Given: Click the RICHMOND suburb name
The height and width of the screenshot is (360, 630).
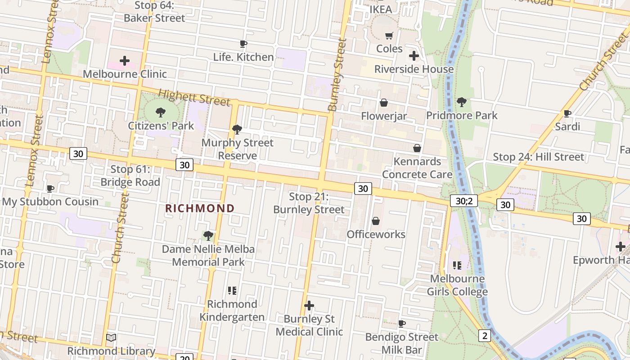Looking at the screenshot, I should click(x=200, y=208).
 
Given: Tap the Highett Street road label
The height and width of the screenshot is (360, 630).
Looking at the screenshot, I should click(x=194, y=97).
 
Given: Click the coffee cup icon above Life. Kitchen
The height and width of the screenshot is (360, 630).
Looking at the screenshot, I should click(x=243, y=44).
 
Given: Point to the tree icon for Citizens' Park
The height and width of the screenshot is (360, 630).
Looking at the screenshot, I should click(x=161, y=112).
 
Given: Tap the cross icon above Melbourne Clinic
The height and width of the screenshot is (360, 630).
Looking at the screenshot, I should click(x=125, y=61).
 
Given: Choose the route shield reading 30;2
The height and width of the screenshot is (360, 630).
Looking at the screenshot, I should click(x=463, y=201).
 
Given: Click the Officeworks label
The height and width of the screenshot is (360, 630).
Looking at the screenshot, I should click(x=376, y=234).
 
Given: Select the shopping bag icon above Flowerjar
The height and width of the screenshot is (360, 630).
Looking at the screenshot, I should click(x=384, y=103).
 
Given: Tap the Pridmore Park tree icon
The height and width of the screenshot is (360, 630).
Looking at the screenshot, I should click(x=462, y=102).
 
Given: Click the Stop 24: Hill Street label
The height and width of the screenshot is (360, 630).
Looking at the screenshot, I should click(x=538, y=157).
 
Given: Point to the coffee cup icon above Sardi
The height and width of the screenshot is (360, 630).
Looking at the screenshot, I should click(x=567, y=113).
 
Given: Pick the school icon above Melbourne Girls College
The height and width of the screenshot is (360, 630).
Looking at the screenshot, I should click(x=457, y=265).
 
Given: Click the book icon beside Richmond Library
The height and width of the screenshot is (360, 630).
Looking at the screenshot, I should click(x=111, y=337).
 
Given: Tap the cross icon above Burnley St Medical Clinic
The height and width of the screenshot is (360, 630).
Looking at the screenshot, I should click(x=309, y=306).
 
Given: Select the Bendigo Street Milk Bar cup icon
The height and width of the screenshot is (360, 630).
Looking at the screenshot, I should click(x=402, y=324).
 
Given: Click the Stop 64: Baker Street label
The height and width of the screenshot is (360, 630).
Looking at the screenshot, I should click(x=154, y=12).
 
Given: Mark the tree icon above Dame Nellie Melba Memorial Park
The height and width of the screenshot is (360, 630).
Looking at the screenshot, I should click(x=208, y=236).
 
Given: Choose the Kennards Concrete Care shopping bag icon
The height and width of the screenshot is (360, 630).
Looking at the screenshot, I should click(x=417, y=148).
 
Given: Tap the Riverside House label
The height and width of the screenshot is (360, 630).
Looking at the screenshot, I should click(x=414, y=69).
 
